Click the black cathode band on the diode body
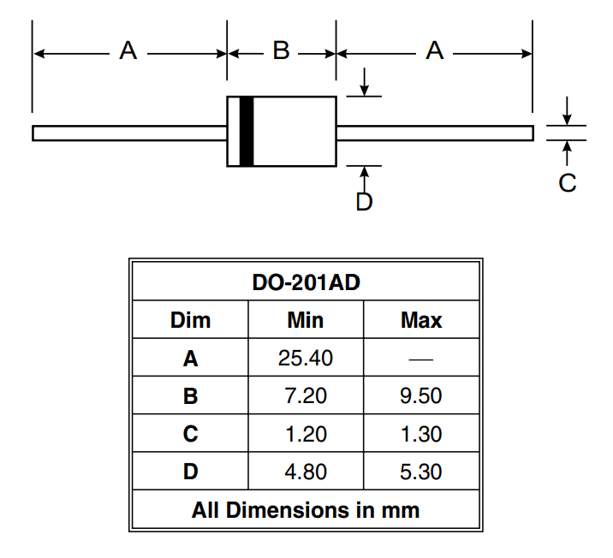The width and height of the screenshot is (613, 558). pyautogui.click(x=247, y=132)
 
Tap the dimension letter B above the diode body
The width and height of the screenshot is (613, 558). pyautogui.click(x=281, y=51)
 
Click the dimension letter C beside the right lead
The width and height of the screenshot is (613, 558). pyautogui.click(x=567, y=182)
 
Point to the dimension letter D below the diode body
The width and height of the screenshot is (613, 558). pyautogui.click(x=364, y=203)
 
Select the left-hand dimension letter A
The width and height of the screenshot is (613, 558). pyautogui.click(x=128, y=51)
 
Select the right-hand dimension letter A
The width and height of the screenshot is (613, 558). pyautogui.click(x=435, y=51)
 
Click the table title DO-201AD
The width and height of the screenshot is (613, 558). pyautogui.click(x=306, y=282)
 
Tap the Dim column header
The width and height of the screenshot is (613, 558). pyautogui.click(x=190, y=321)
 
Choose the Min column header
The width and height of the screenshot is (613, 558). pyautogui.click(x=306, y=321)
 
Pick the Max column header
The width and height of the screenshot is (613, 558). pyautogui.click(x=421, y=321)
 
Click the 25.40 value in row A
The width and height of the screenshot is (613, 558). pyautogui.click(x=306, y=359)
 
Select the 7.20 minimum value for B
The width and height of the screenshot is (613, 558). pyautogui.click(x=306, y=396)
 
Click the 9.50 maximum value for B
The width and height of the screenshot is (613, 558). pyautogui.click(x=421, y=396)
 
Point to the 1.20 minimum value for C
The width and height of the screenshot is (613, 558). pyautogui.click(x=306, y=434)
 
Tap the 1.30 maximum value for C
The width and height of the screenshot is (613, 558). pyautogui.click(x=421, y=434)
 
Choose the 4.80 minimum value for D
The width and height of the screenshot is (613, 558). pyautogui.click(x=306, y=472)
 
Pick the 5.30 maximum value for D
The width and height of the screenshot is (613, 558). pyautogui.click(x=421, y=472)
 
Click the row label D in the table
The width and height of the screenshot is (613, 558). pyautogui.click(x=190, y=472)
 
